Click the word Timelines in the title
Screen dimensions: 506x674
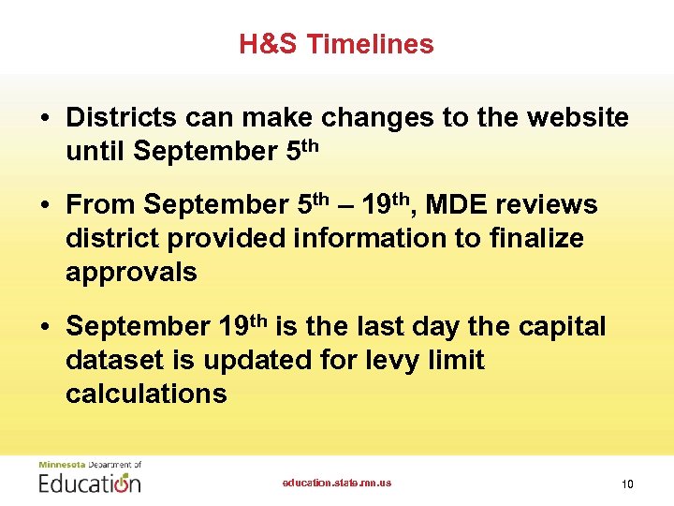pyautogui.click(x=370, y=44)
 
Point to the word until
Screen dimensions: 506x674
pyautogui.click(x=96, y=150)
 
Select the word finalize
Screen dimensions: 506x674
pyautogui.click(x=535, y=238)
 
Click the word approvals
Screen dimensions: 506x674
pyautogui.click(x=131, y=272)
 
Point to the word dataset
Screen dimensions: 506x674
pyautogui.click(x=112, y=360)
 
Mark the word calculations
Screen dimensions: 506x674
pyautogui.click(x=146, y=393)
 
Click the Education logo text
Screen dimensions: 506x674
pyautogui.click(x=90, y=482)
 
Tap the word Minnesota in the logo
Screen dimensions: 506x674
pyautogui.click(x=61, y=464)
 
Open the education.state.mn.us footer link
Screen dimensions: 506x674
pyautogui.click(x=337, y=483)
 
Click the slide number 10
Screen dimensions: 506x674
pyautogui.click(x=627, y=484)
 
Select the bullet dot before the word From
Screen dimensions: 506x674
pyautogui.click(x=45, y=205)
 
